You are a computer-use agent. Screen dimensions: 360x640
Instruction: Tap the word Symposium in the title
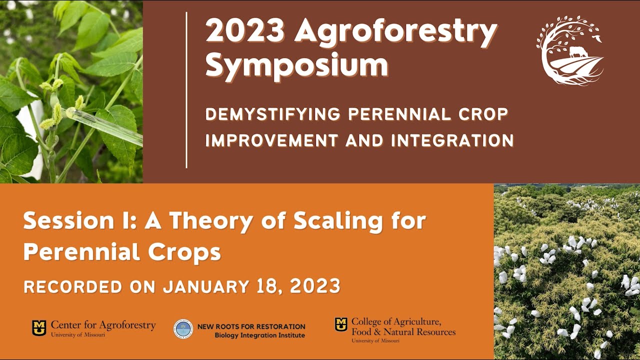click(x=296, y=65)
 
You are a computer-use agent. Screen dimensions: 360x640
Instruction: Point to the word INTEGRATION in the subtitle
click(x=452, y=140)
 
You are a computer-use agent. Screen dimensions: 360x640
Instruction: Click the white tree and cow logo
click(x=570, y=50)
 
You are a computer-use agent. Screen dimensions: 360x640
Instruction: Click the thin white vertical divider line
click(x=186, y=90)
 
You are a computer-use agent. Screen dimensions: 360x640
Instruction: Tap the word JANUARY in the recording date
click(x=205, y=286)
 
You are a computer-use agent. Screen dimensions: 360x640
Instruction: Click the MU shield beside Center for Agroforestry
click(x=39, y=328)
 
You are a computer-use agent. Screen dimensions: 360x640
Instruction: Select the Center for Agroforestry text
click(x=103, y=326)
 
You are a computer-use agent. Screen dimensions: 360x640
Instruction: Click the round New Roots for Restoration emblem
click(x=183, y=329)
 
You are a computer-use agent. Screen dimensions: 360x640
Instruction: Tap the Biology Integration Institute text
click(x=259, y=335)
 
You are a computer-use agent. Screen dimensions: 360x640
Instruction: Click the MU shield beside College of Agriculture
click(x=341, y=324)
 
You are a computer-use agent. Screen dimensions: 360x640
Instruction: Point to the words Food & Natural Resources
click(x=403, y=331)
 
